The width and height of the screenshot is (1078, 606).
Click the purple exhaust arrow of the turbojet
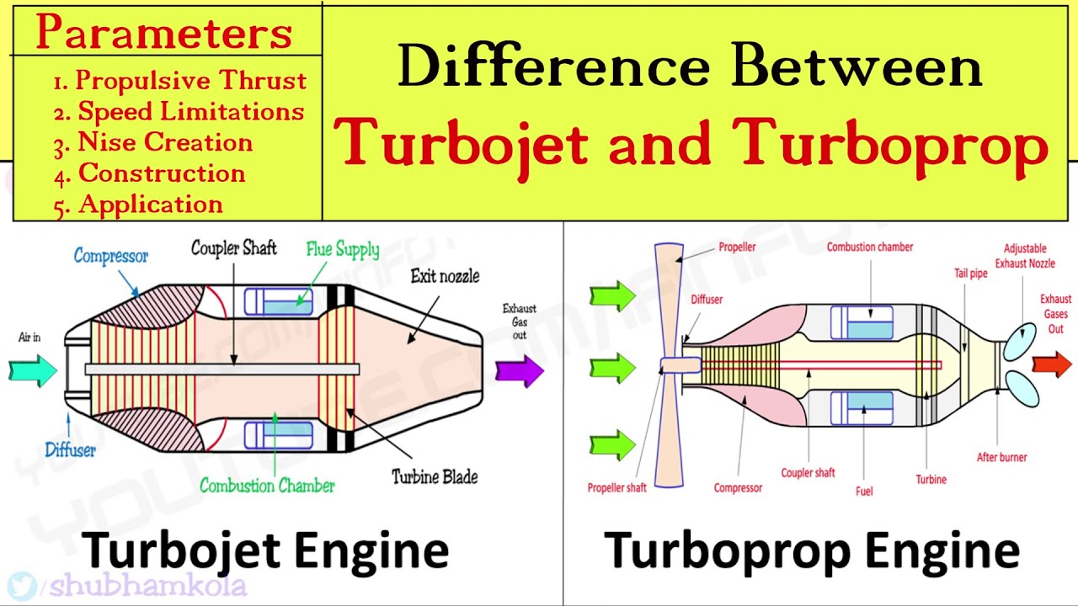pos(520,371)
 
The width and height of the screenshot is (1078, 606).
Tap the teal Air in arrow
pos(33,371)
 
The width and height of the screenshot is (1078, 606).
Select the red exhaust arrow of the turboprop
pos(1052,364)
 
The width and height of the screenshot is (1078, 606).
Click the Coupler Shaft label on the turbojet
pos(234,248)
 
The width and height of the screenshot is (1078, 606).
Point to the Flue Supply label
pos(343,249)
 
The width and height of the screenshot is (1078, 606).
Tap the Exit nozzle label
pos(446,276)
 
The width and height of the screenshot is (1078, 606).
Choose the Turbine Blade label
pos(435,476)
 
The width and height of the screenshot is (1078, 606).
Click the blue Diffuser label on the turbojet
pos(70,450)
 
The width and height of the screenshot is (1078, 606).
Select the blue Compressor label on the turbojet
pos(110,256)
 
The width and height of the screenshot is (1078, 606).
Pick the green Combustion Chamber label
pos(267,486)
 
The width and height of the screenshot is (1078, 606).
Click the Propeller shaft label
pos(617,487)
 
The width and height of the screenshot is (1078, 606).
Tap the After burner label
pos(1001,457)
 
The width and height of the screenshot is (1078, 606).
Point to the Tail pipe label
pos(971,274)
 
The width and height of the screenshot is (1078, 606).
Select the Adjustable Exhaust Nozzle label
pos(1025,256)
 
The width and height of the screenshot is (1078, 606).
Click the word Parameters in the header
pos(164,32)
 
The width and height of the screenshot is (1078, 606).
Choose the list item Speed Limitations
pos(179,112)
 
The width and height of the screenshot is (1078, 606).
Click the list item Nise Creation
pos(153,143)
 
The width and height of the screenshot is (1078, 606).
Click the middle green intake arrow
pos(612,368)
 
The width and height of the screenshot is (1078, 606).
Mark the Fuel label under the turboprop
pos(864,491)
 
